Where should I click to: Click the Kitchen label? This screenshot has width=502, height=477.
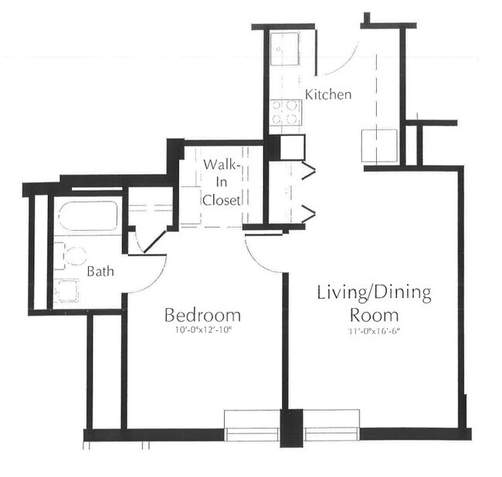(329, 95)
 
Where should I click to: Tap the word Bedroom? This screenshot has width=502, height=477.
(202, 315)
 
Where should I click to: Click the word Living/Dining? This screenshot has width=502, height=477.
(374, 293)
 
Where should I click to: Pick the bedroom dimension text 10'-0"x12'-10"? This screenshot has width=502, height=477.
(202, 333)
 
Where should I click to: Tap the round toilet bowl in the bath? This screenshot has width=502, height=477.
(75, 256)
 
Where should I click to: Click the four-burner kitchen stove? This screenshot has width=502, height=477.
(286, 113)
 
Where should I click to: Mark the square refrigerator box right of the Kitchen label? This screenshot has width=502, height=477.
(379, 144)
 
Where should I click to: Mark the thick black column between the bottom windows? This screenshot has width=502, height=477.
(290, 428)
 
